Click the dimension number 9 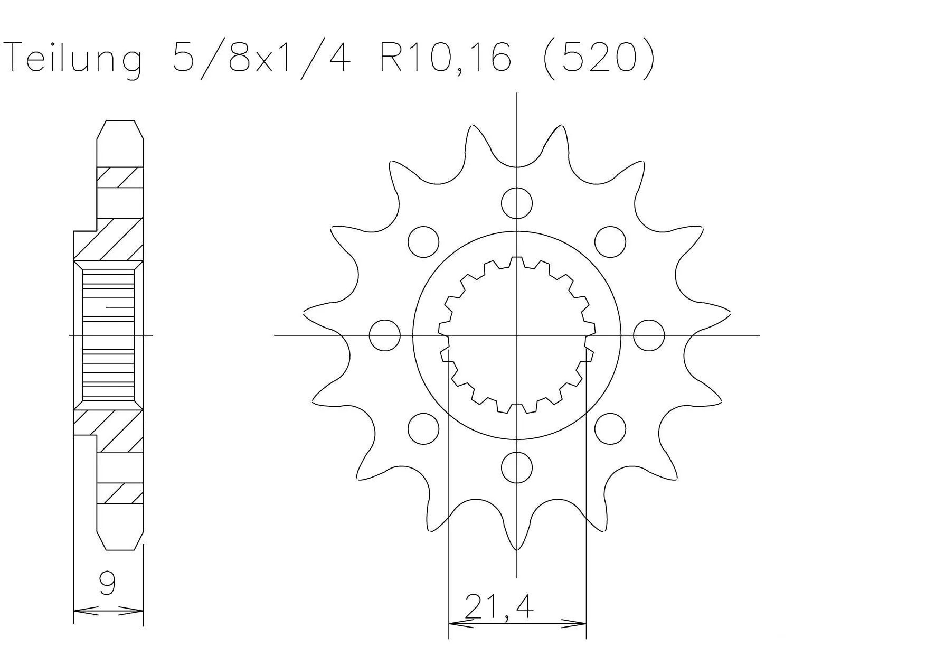108,584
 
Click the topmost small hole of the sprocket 517,203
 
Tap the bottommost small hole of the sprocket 517,467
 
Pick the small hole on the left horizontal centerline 385,335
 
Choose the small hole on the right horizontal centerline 648,335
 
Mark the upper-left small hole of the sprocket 423,242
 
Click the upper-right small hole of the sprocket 610,242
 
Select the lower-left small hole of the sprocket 423,428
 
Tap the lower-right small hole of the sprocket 610,428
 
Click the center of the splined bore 517,335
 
